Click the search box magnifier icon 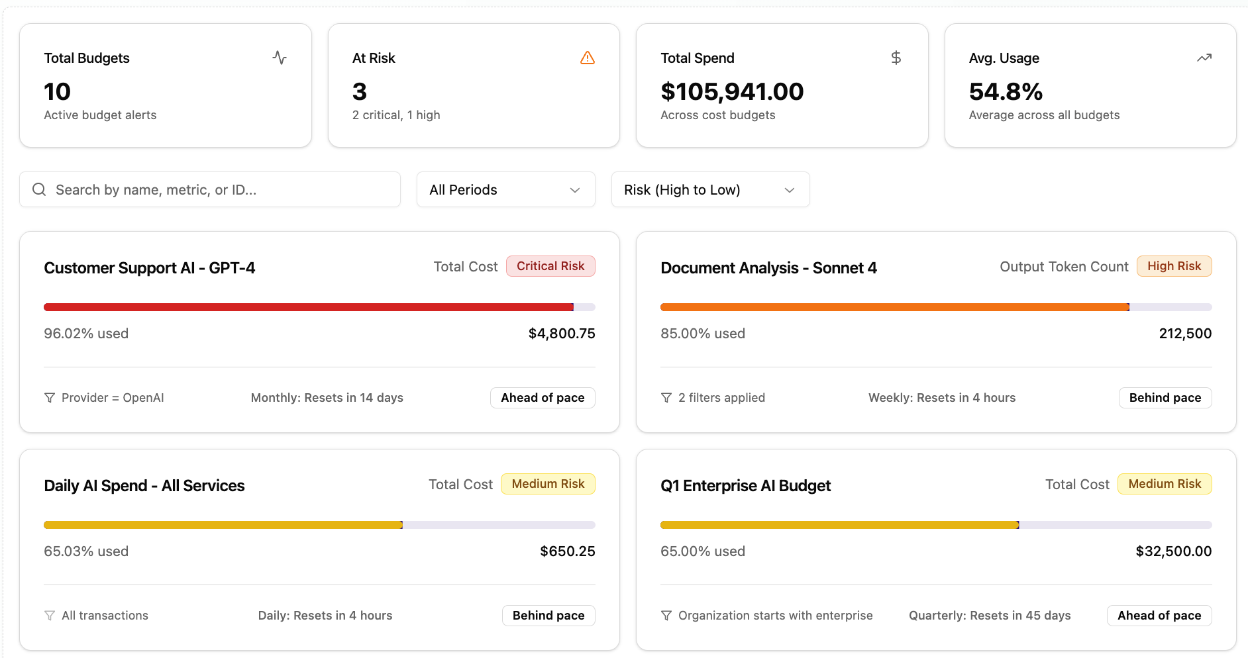(x=39, y=189)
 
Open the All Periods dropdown (x=505, y=189)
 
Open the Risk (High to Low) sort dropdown (x=709, y=189)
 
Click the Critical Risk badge (x=550, y=266)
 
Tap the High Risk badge (x=1173, y=266)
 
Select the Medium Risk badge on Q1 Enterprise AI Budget (x=1164, y=484)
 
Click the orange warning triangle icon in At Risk (x=587, y=58)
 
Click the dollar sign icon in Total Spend (x=896, y=58)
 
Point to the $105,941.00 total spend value (x=731, y=91)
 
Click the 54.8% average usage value (x=1005, y=91)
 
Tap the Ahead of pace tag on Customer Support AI (x=542, y=398)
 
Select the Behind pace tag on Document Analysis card (x=1165, y=398)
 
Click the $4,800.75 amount (x=561, y=334)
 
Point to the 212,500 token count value (x=1184, y=334)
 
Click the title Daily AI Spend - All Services (x=144, y=486)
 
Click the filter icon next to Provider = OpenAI (x=50, y=398)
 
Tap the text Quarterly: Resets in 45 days (x=989, y=616)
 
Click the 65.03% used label (x=86, y=551)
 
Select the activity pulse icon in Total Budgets (x=280, y=58)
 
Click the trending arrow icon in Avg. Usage (x=1204, y=58)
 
